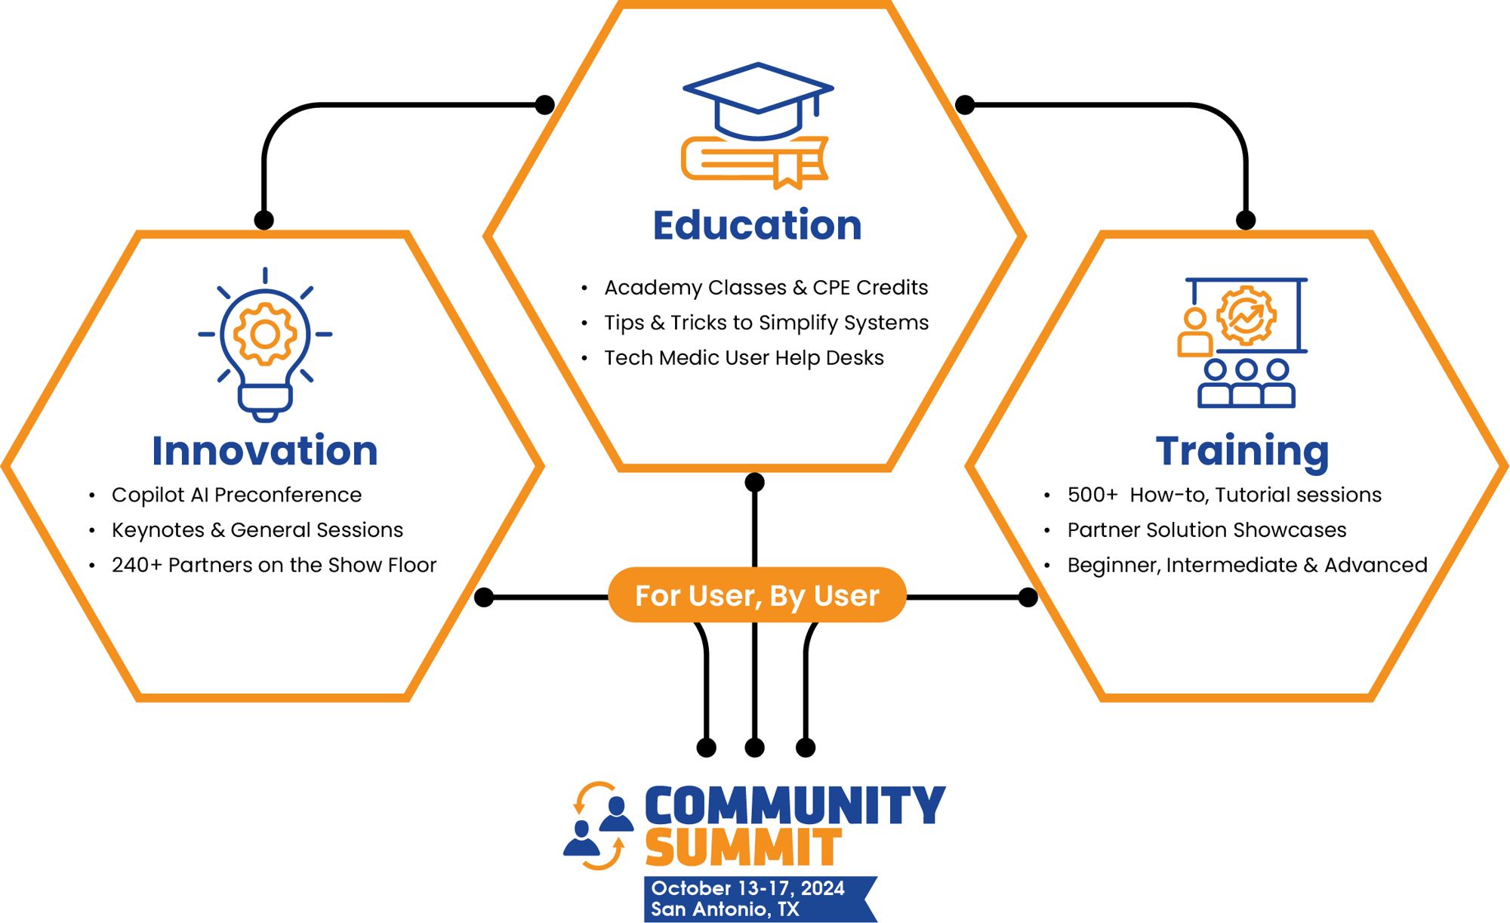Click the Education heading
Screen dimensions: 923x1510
click(757, 225)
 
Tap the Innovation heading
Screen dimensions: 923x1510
click(264, 450)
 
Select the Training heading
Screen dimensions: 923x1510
click(1242, 450)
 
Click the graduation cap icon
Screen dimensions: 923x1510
click(757, 100)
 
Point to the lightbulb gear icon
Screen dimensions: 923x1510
click(265, 344)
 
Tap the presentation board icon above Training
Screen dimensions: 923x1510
click(1244, 341)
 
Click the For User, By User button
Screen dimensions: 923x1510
click(757, 595)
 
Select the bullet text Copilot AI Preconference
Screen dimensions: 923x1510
click(236, 495)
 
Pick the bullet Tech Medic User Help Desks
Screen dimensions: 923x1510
click(744, 357)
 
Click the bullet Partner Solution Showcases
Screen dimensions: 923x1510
click(1206, 529)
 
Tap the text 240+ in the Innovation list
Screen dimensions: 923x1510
click(136, 565)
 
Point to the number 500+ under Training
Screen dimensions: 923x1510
click(1092, 495)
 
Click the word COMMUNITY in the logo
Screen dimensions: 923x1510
click(794, 805)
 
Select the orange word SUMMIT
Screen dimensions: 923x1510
click(743, 847)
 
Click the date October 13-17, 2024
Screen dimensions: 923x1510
click(747, 888)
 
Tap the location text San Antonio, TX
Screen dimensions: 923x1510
click(725, 909)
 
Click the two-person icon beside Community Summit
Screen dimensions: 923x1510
click(599, 826)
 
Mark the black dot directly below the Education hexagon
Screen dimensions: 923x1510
click(754, 482)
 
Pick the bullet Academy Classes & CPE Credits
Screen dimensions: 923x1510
click(766, 287)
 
